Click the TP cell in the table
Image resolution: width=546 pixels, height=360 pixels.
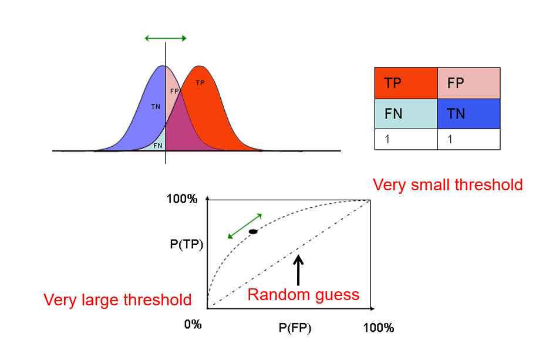click(x=406, y=83)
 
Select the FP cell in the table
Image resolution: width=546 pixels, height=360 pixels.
click(x=469, y=83)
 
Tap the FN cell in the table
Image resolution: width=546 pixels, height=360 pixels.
click(x=406, y=113)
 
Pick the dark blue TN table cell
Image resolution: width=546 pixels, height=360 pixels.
click(x=469, y=113)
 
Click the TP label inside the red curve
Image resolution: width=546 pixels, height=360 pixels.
click(x=200, y=83)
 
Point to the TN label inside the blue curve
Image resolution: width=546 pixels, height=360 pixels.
click(x=155, y=107)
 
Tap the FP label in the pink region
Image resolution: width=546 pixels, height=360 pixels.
click(x=174, y=92)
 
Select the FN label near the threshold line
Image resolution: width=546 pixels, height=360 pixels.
click(x=158, y=145)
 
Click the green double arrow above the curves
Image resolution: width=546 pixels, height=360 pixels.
click(x=166, y=38)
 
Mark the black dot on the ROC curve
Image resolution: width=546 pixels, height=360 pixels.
click(x=253, y=232)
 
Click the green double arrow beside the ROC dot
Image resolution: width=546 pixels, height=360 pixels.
click(x=244, y=226)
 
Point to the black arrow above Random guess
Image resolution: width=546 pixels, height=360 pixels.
click(x=298, y=270)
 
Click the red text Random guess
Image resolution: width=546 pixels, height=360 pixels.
click(x=303, y=294)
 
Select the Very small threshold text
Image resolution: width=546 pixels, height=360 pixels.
click(x=447, y=185)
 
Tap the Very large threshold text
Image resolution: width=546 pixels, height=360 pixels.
click(x=117, y=300)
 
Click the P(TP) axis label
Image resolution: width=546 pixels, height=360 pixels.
click(x=186, y=244)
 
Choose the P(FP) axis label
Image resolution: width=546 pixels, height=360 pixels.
click(x=295, y=328)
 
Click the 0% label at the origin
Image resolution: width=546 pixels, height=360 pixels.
click(x=193, y=324)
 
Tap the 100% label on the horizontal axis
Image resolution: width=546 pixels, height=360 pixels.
click(x=378, y=328)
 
